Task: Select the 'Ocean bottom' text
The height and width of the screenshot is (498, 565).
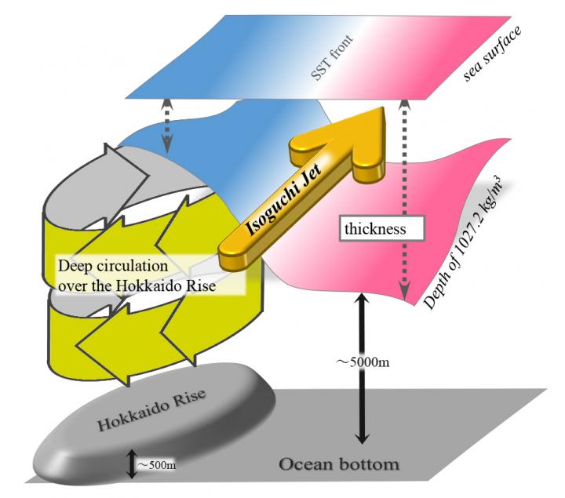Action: pyautogui.click(x=338, y=463)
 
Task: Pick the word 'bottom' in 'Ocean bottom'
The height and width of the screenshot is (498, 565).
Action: pyautogui.click(x=366, y=463)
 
